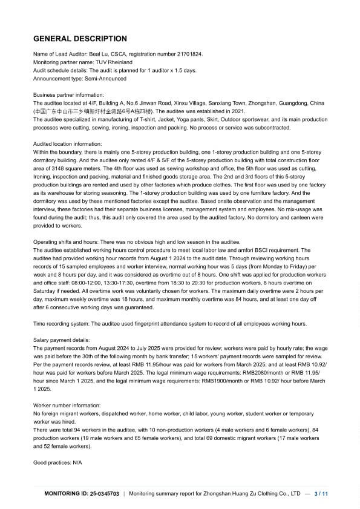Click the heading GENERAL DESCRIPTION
coord(80,39)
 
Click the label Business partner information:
coord(68,95)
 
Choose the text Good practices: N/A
coord(57,462)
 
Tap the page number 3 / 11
coord(322,494)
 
